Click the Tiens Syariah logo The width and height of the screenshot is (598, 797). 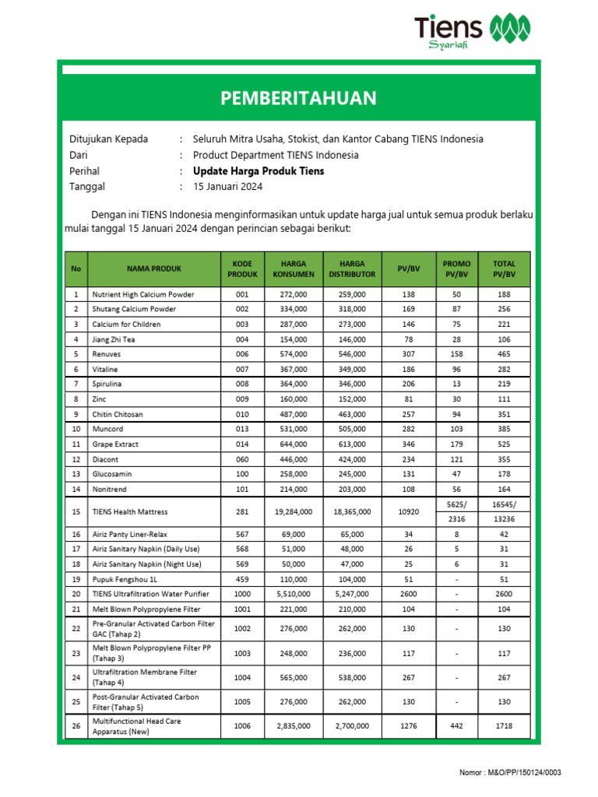coord(474,32)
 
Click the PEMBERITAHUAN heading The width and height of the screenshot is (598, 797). coord(298,98)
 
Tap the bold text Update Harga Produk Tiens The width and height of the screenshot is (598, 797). coord(259,171)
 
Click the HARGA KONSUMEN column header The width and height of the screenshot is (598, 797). coord(294,269)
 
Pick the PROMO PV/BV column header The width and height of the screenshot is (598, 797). coord(456,269)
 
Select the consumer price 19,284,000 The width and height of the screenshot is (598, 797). coord(294,512)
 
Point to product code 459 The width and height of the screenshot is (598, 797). coord(241,580)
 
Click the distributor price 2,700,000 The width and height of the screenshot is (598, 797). coord(346,726)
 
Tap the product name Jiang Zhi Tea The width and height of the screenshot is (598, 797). coord(115,339)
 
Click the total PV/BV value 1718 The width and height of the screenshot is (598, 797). coord(504,726)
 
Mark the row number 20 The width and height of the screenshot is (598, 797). coord(76,595)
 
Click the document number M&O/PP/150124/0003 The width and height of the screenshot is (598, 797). coord(510,772)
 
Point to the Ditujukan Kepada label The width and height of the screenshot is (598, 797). coord(109,139)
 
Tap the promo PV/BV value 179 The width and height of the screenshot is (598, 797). coord(456,444)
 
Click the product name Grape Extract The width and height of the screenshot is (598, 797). coord(115,444)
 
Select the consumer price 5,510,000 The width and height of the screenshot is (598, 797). coord(294,595)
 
